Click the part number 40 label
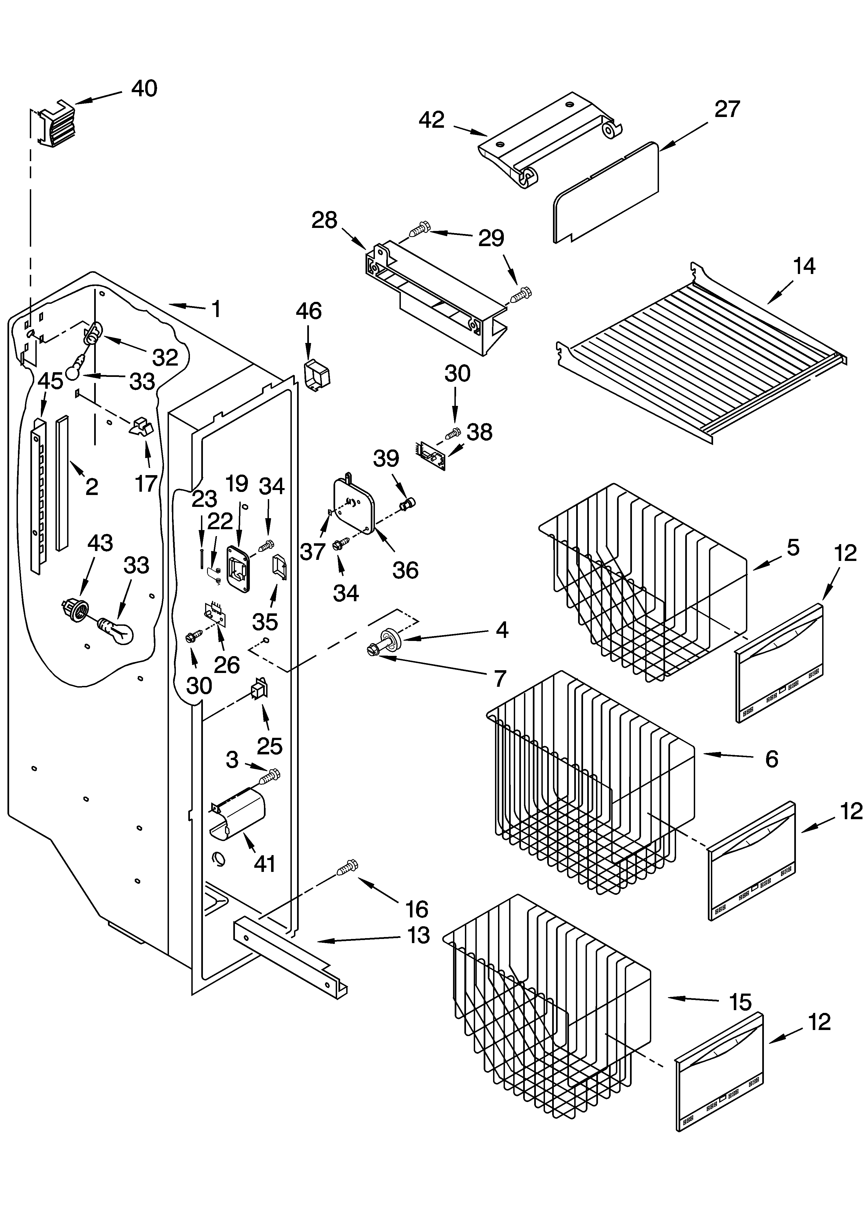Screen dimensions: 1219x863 click(144, 88)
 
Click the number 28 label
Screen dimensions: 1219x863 click(324, 220)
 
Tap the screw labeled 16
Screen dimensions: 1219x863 click(347, 867)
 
